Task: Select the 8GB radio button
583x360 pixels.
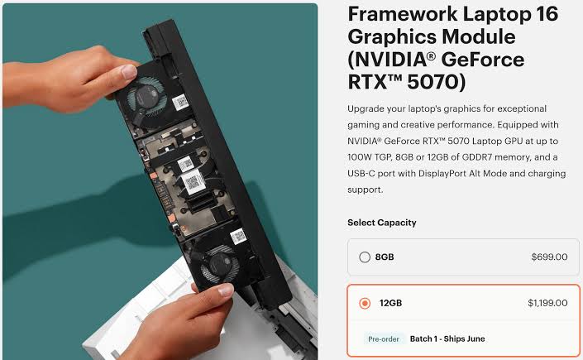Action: (x=365, y=257)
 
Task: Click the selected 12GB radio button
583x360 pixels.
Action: (x=365, y=304)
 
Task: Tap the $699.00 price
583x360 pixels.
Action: (x=549, y=257)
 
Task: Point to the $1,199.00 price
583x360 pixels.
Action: (x=547, y=304)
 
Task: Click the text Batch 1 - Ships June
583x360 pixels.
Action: (x=447, y=338)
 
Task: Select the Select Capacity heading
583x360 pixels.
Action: (x=381, y=223)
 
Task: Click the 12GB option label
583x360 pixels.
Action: (x=391, y=304)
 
